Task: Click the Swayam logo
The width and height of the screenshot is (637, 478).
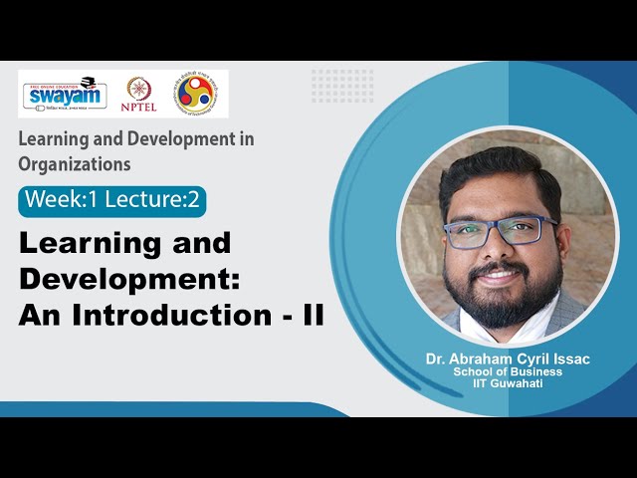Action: (63, 94)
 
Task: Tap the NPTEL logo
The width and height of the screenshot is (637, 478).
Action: (138, 94)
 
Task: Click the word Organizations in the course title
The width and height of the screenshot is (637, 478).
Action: (74, 163)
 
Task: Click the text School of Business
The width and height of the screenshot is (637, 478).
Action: (508, 371)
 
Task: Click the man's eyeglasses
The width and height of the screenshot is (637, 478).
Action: (501, 230)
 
